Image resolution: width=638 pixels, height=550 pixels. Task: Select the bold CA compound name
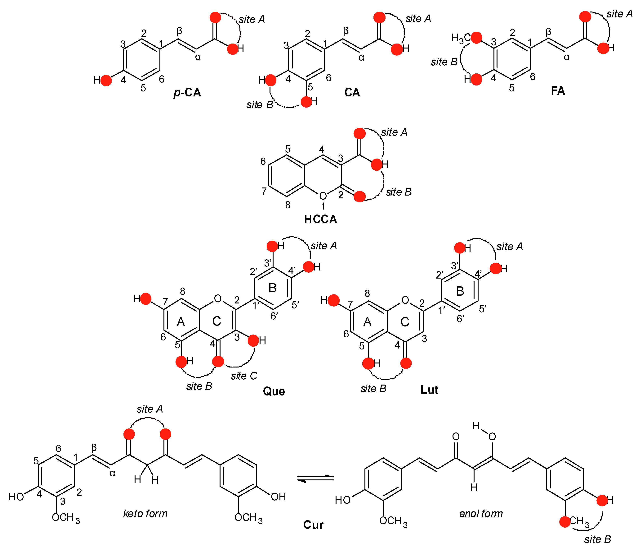[x=352, y=92]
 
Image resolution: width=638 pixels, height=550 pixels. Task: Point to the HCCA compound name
[x=321, y=219]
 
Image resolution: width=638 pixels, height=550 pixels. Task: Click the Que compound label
[x=274, y=391]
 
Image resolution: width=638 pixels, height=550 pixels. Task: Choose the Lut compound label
[x=429, y=390]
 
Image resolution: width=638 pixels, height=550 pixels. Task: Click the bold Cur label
[x=313, y=525]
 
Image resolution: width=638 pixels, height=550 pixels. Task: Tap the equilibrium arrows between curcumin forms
[x=315, y=478]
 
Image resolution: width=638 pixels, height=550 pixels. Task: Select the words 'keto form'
[x=145, y=513]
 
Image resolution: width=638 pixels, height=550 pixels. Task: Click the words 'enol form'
[x=481, y=513]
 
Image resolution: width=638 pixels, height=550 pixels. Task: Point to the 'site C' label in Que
[x=244, y=376]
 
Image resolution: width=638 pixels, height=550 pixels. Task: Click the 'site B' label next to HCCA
[x=399, y=192]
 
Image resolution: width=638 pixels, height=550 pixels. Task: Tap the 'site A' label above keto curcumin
[x=150, y=409]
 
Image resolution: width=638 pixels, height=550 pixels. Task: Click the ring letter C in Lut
[x=405, y=322]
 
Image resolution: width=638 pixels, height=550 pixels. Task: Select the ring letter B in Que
[x=273, y=288]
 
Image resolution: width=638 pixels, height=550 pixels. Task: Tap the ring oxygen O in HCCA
[x=323, y=196]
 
